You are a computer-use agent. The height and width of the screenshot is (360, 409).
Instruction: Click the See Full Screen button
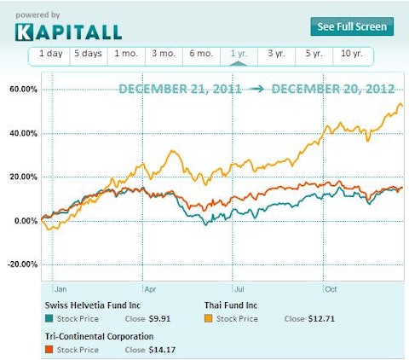(351, 26)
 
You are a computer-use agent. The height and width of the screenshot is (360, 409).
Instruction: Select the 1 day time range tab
(49, 55)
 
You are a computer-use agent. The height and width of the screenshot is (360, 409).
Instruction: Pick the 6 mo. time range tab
(201, 55)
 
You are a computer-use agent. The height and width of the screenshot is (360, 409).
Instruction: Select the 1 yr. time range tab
(239, 55)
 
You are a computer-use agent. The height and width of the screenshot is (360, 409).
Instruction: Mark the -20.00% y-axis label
(21, 264)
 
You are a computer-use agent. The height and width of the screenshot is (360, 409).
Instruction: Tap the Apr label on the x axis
(150, 288)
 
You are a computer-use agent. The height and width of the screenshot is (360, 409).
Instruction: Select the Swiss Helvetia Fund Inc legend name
(93, 305)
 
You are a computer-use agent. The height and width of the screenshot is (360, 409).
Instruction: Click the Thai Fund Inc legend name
(233, 305)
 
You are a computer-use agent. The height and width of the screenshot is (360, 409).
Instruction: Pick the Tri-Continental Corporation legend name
(99, 336)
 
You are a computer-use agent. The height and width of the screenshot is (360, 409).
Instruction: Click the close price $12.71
(323, 319)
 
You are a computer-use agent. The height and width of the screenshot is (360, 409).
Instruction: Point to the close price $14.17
(163, 350)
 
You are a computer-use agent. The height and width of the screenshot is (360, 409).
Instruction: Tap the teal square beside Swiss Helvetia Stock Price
(49, 319)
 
